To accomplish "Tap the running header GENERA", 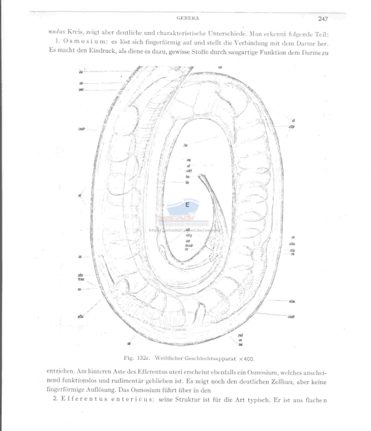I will (x=186, y=18).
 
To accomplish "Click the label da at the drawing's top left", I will (x=81, y=73).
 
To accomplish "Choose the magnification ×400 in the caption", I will (x=250, y=358).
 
